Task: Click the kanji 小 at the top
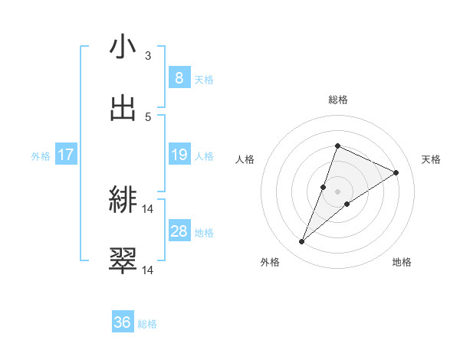(123, 47)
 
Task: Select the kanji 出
(123, 108)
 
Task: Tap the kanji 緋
(123, 201)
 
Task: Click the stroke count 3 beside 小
(148, 56)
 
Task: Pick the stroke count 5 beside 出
(148, 117)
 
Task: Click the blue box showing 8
(179, 78)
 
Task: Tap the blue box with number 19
(179, 155)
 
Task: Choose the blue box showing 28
(179, 231)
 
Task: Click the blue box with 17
(66, 155)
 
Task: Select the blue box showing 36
(123, 322)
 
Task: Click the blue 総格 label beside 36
(147, 324)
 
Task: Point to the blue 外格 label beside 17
(41, 156)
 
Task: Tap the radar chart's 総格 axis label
(337, 100)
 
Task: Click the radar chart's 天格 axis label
(431, 159)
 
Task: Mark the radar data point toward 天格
(396, 172)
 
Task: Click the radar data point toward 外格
(301, 242)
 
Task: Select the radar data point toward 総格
(337, 146)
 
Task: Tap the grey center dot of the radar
(337, 191)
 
